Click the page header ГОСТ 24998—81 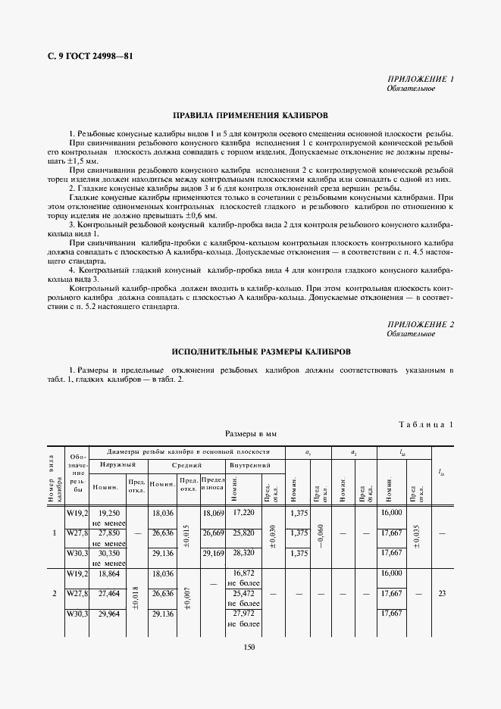pyautogui.click(x=86, y=57)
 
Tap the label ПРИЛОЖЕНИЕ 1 pyautogui.click(x=421, y=80)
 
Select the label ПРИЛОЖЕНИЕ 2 pyautogui.click(x=421, y=324)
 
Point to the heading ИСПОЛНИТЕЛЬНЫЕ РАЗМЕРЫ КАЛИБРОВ pyautogui.click(x=250, y=352)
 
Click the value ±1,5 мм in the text pyautogui.click(x=85, y=162)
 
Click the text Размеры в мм pyautogui.click(x=250, y=435)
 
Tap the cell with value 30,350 pyautogui.click(x=111, y=553)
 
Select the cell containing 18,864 pyautogui.click(x=111, y=573)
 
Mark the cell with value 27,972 pyautogui.click(x=243, y=614)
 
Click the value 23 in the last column pyautogui.click(x=442, y=594)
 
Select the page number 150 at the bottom pyautogui.click(x=249, y=647)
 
